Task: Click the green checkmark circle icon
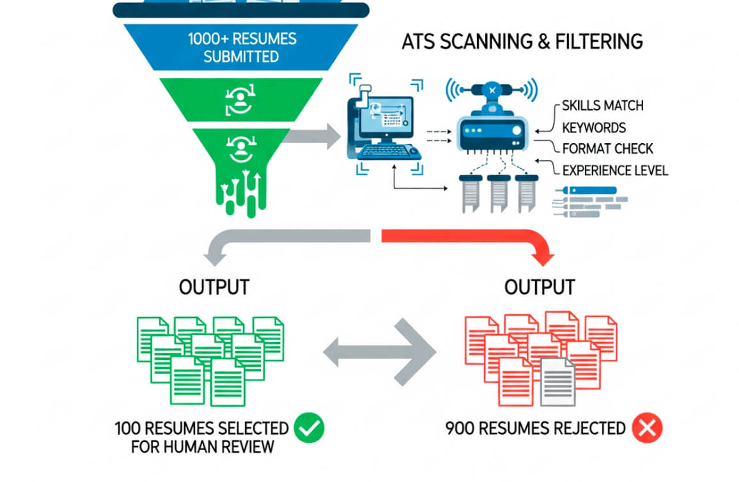pyautogui.click(x=309, y=428)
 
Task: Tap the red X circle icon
pyautogui.click(x=647, y=428)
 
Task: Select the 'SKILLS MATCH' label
pyautogui.click(x=602, y=105)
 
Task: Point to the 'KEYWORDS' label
pyautogui.click(x=594, y=127)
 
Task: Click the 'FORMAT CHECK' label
pyautogui.click(x=607, y=149)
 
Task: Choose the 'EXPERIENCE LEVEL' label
pyautogui.click(x=615, y=171)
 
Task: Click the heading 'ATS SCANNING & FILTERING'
pyautogui.click(x=522, y=42)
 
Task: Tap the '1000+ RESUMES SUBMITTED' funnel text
pyautogui.click(x=242, y=47)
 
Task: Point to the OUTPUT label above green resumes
pyautogui.click(x=214, y=287)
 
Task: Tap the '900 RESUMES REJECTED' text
pyautogui.click(x=535, y=428)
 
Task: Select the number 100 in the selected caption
pyautogui.click(x=128, y=428)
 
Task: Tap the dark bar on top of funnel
pyautogui.click(x=240, y=10)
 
